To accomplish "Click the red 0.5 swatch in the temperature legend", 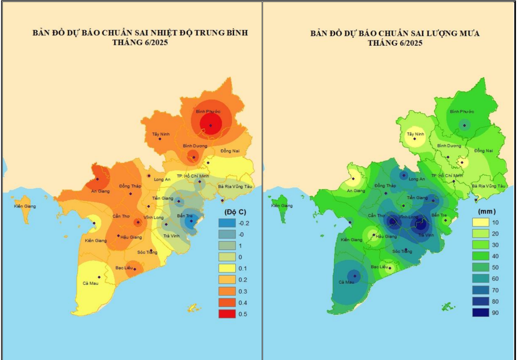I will coord(227,314).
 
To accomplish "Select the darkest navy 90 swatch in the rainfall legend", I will coord(480,313).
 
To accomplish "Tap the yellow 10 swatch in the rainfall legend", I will coord(480,222).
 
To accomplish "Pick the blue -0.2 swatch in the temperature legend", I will coord(227,223).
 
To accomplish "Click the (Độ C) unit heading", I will coord(235,212).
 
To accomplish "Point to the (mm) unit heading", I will coord(487,212).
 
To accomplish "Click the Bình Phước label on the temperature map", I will coord(208,111).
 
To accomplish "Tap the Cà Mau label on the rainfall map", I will coord(346,282).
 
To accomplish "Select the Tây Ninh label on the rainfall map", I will coord(415,134).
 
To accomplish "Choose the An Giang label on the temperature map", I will coord(101,191).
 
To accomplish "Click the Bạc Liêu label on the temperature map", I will coord(124,268).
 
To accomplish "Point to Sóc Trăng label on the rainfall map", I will coord(402,251).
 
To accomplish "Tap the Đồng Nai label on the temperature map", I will coord(230,151).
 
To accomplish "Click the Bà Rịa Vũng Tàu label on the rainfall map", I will coord(488,186).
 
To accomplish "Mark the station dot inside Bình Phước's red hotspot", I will coord(211,126).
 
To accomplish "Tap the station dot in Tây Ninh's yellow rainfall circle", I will coord(415,139).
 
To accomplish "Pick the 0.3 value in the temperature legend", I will coord(242,291).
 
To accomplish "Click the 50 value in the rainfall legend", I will coord(495,267).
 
